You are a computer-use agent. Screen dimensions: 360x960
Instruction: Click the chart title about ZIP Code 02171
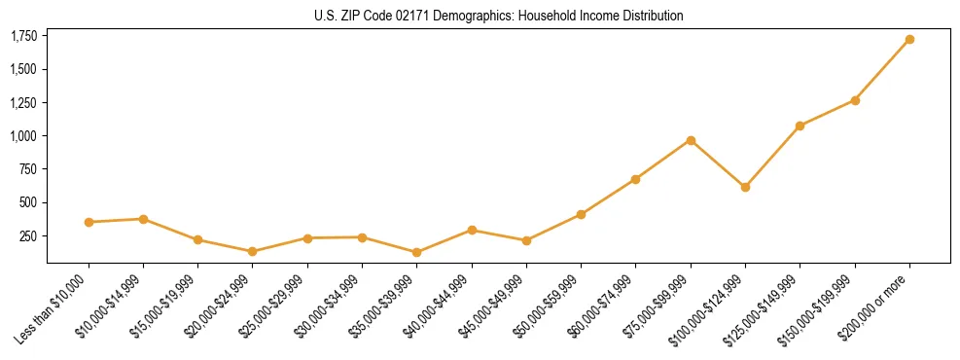click(498, 16)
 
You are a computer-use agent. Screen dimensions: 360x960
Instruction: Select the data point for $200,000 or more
click(909, 40)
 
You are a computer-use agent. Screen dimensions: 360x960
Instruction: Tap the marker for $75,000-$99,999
click(691, 140)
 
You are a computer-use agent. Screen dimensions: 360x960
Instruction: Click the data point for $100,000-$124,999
click(745, 187)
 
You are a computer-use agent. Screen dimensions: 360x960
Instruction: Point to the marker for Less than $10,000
click(89, 222)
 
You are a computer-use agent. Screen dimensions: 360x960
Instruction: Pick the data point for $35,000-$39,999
click(417, 252)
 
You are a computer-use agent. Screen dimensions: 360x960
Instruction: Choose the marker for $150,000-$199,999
click(855, 100)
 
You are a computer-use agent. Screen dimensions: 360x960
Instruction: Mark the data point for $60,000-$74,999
click(636, 179)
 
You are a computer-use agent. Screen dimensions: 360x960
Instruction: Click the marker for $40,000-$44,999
click(472, 230)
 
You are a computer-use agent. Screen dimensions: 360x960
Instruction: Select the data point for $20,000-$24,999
click(253, 251)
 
